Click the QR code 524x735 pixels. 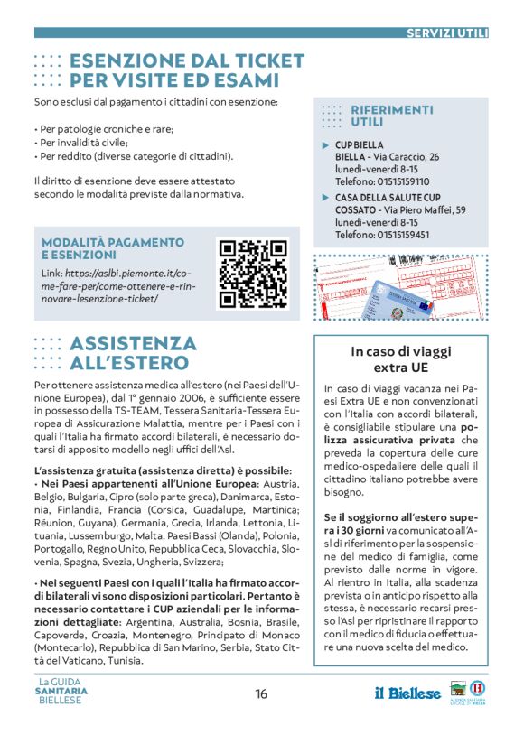[253, 273]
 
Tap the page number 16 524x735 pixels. [261, 694]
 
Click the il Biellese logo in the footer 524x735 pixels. [408, 693]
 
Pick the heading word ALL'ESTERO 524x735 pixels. [133, 362]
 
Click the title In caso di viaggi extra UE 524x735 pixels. [401, 359]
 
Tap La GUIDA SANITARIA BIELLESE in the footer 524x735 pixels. [63, 693]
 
